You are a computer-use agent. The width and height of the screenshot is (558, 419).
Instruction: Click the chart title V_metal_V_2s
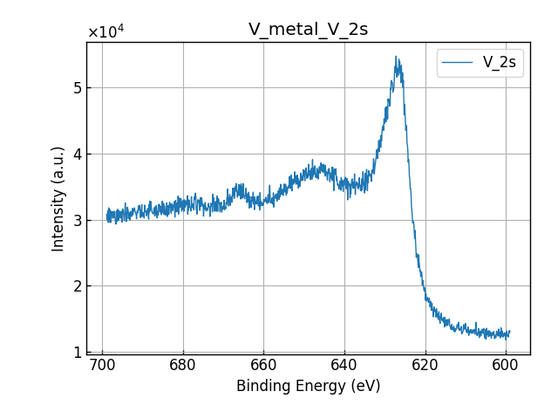coord(308,30)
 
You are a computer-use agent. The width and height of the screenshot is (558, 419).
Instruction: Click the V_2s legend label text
coord(500,63)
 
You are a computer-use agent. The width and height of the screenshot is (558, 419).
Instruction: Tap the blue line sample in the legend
coord(458,63)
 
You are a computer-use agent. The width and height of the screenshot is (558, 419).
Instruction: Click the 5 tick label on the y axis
coord(78,88)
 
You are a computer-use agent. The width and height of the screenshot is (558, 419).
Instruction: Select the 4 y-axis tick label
coord(78,155)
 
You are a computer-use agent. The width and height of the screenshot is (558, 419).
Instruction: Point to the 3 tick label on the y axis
coord(78,220)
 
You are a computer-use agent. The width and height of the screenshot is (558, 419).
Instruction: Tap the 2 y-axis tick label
coord(78,286)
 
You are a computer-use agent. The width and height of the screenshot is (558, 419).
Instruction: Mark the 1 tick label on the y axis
coord(78,352)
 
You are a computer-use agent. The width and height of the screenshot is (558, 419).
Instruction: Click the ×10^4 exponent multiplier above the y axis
coord(105,32)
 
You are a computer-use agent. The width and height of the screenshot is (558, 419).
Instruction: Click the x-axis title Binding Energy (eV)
coord(308,386)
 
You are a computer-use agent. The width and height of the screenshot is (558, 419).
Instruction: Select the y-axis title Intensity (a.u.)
coord(58,198)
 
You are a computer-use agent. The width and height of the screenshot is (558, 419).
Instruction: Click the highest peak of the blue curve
coord(396,58)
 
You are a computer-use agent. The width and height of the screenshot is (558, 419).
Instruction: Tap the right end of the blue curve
coord(509,333)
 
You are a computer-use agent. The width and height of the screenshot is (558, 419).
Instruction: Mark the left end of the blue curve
coord(106,215)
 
